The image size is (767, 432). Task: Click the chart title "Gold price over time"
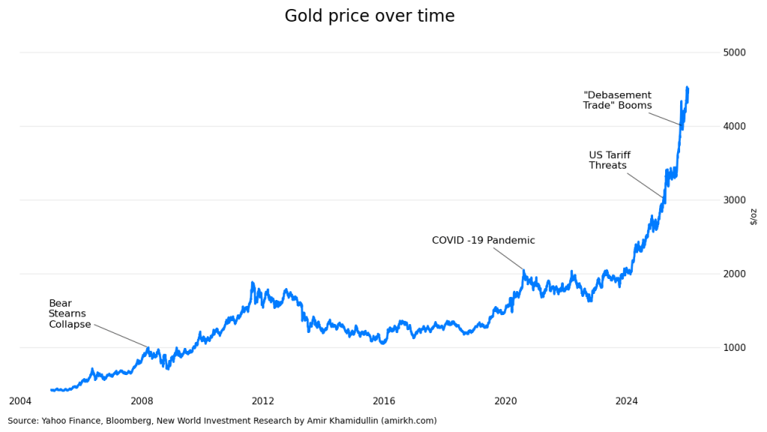pos(369,16)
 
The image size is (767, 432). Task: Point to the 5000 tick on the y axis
pos(734,52)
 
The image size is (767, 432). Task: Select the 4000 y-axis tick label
pos(734,126)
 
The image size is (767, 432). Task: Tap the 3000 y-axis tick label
pos(734,200)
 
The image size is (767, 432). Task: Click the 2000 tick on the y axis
pos(734,274)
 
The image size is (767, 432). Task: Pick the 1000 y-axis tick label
pos(734,347)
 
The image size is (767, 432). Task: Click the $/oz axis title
pos(754,216)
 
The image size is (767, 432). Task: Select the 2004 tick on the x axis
pos(20,401)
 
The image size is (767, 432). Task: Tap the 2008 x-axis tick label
pos(142,401)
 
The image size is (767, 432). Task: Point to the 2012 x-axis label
pos(263,401)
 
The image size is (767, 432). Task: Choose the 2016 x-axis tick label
pos(384,401)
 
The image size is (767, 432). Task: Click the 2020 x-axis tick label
pos(506,401)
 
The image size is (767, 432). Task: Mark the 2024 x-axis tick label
pos(627,401)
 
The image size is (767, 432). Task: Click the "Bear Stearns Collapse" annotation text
pos(69,314)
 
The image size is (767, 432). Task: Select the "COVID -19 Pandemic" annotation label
pos(483,241)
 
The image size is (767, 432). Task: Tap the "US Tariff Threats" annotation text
pos(609,160)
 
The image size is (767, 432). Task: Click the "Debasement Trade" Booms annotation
pos(617,100)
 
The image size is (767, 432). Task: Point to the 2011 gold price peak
pos(252,283)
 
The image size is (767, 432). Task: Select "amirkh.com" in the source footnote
pos(407,421)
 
